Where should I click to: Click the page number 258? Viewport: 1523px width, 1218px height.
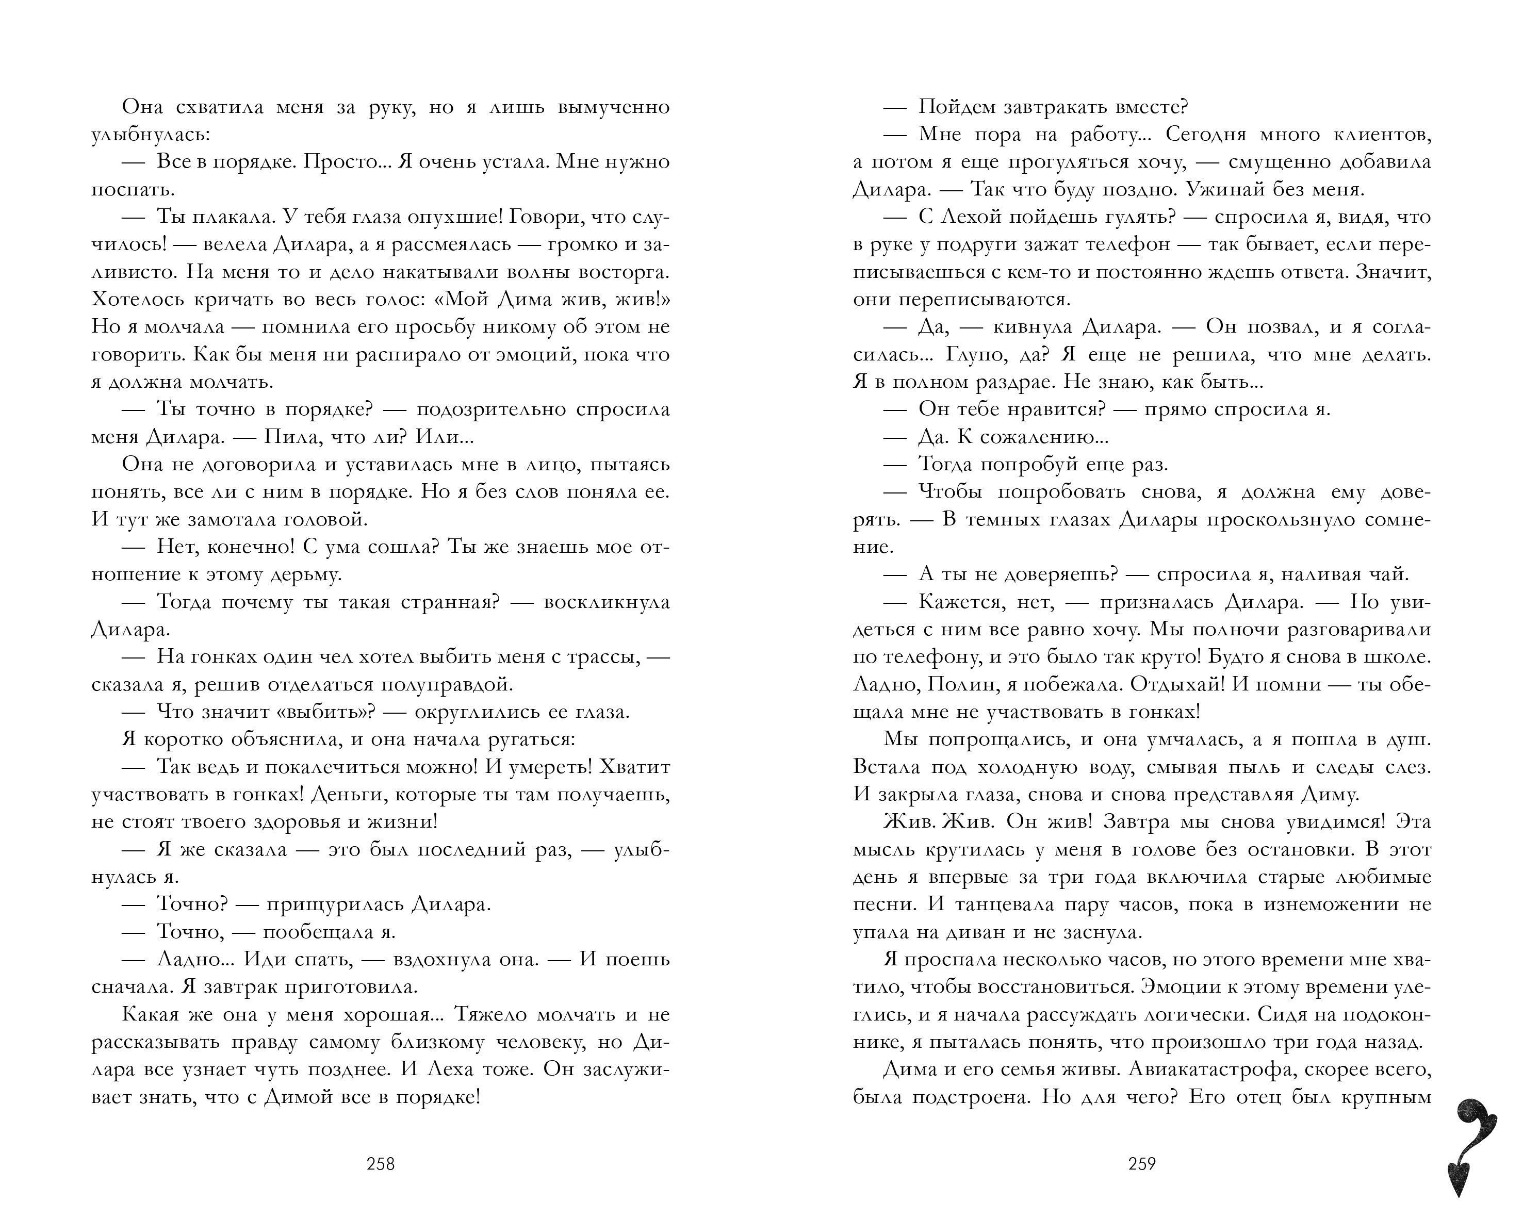380,1164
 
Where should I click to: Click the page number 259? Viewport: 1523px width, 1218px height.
1141,1164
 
